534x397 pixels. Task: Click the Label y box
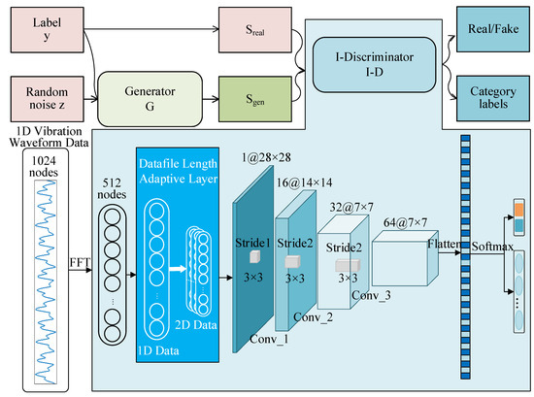click(x=46, y=28)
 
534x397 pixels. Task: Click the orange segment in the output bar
click(x=517, y=208)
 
